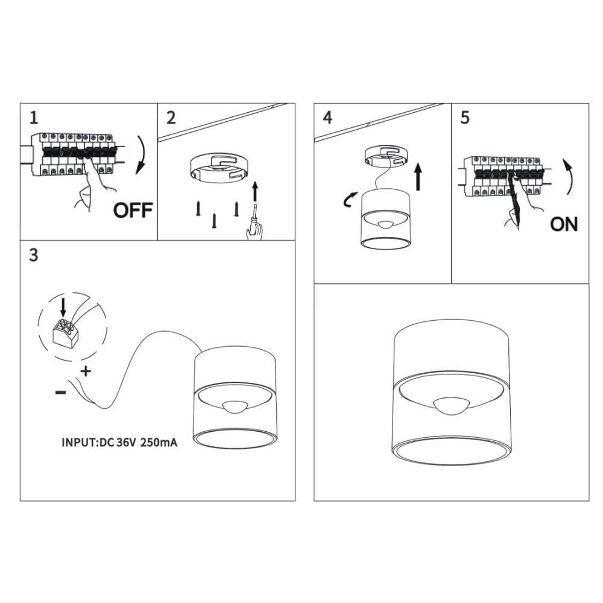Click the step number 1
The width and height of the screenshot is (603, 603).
(34, 118)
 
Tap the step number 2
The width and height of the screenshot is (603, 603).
(171, 118)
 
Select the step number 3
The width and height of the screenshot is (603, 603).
(34, 255)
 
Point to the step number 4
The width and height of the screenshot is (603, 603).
(327, 118)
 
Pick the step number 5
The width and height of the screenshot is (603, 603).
(465, 118)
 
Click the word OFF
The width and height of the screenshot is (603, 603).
(133, 210)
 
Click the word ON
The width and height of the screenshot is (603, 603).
(564, 224)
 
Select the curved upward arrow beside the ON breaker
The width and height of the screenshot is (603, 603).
(570, 176)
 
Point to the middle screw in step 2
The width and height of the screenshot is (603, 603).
(214, 221)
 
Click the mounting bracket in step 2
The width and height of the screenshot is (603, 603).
(219, 168)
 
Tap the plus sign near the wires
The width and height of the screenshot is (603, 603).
(86, 371)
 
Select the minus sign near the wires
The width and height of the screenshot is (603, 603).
(60, 393)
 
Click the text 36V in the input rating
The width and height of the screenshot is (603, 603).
(126, 442)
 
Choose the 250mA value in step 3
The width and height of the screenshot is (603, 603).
(159, 442)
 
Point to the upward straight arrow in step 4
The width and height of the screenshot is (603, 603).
(418, 177)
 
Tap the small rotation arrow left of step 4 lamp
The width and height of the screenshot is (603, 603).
(350, 200)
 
